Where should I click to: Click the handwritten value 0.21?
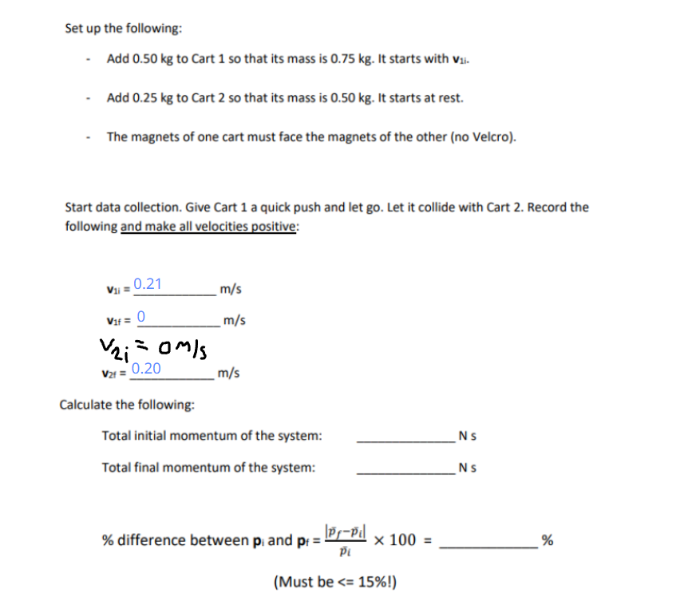[x=148, y=284]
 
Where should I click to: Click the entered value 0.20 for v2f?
[x=146, y=369]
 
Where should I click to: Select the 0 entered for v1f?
[x=141, y=316]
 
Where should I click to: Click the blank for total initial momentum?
[x=405, y=437]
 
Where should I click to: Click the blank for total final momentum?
[x=405, y=468]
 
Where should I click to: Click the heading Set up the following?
[x=123, y=28]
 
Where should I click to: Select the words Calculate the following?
[x=127, y=405]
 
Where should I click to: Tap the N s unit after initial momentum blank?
[x=469, y=437]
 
